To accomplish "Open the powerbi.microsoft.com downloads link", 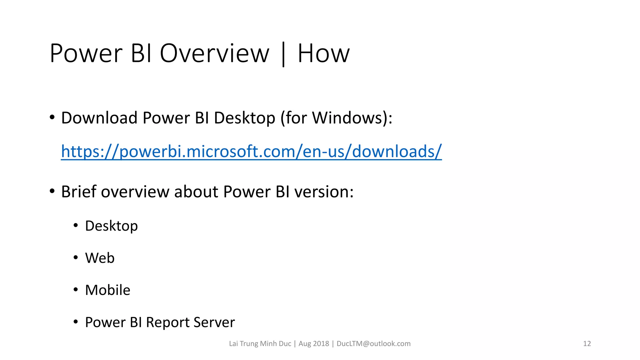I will pyautogui.click(x=251, y=152).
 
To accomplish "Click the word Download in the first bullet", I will pyautogui.click(x=99, y=118).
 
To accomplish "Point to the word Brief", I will pyautogui.click(x=78, y=192).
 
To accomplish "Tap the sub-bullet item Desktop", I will pyautogui.click(x=111, y=226).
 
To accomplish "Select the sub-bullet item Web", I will pyautogui.click(x=100, y=258).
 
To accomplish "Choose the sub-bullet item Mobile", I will pyautogui.click(x=107, y=290).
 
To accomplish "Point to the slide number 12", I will pyautogui.click(x=587, y=344).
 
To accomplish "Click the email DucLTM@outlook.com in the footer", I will pyautogui.click(x=373, y=344).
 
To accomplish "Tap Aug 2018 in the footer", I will pyautogui.click(x=314, y=344).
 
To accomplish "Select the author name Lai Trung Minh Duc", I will pyautogui.click(x=260, y=344).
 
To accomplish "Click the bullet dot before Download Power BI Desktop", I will pyautogui.click(x=52, y=118).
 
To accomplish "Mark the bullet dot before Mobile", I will pyautogui.click(x=76, y=290).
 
